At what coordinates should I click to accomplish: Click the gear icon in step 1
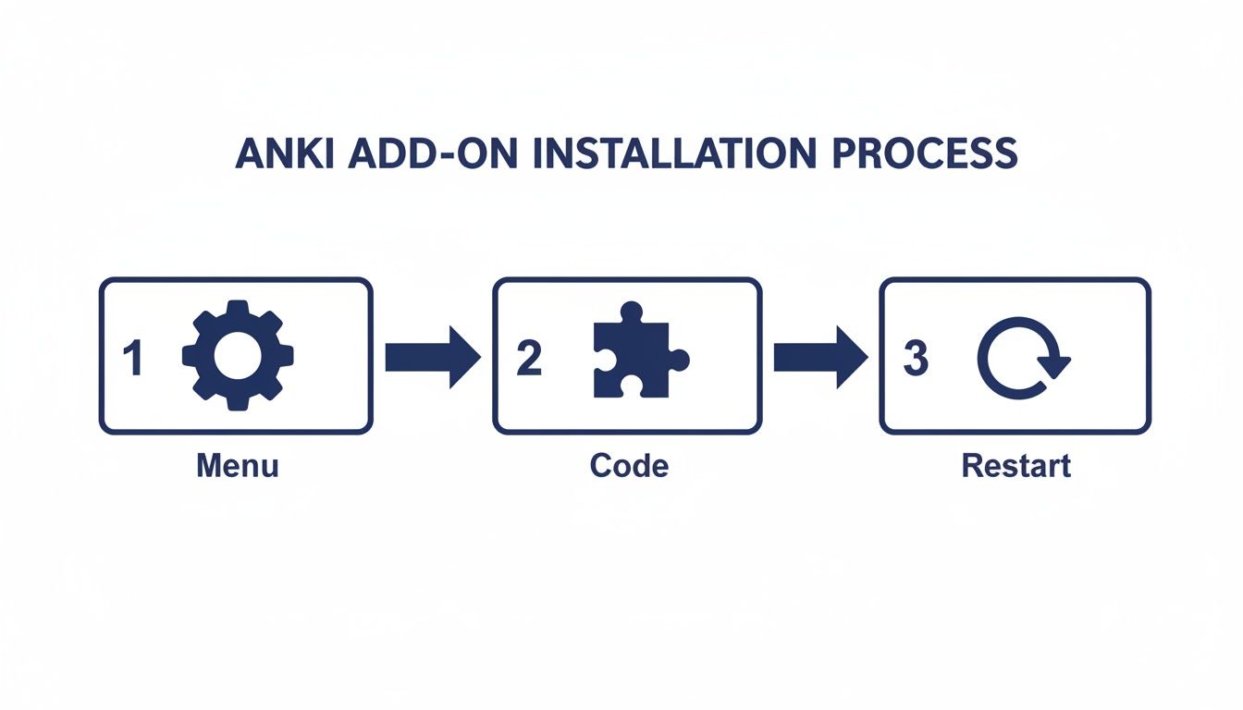(239, 356)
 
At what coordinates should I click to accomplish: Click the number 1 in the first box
(132, 359)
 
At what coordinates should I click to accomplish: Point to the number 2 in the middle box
(528, 359)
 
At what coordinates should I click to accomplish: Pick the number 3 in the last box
(915, 359)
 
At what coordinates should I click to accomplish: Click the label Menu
(237, 465)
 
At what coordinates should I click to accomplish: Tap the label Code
(629, 465)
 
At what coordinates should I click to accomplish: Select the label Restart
(1015, 465)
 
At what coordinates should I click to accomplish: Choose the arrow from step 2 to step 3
(819, 357)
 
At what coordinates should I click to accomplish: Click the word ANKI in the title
(286, 153)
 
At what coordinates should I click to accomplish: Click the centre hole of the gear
(239, 356)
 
